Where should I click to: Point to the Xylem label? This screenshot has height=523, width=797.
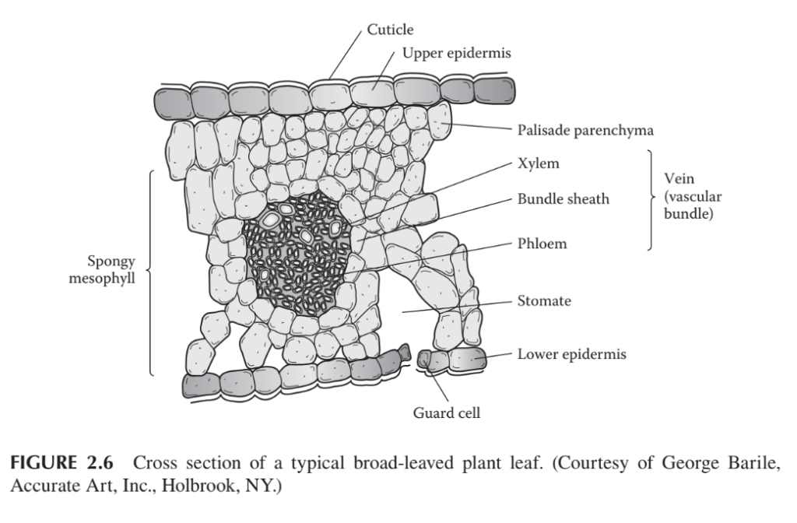tap(539, 164)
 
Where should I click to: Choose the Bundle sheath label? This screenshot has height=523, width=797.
tap(563, 198)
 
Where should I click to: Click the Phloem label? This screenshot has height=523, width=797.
tap(542, 244)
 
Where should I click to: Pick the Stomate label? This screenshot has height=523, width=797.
tap(544, 300)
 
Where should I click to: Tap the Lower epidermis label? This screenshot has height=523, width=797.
tap(571, 354)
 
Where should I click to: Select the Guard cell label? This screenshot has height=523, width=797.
tap(446, 412)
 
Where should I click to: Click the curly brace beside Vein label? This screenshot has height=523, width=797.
tap(650, 199)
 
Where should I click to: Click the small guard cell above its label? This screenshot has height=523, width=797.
tap(425, 358)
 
